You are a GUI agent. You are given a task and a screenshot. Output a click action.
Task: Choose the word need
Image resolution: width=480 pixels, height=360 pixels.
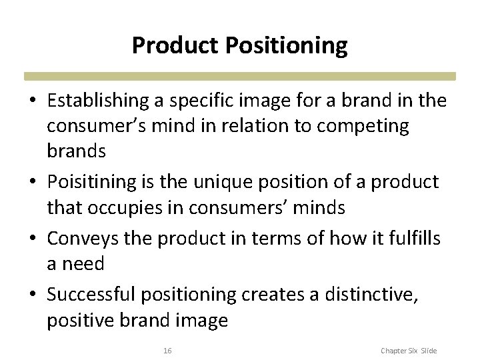point(83,265)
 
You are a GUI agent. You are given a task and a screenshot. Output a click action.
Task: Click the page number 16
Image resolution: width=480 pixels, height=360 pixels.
point(167,350)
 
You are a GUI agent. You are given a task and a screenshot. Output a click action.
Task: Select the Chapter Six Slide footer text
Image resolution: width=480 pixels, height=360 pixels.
point(409,350)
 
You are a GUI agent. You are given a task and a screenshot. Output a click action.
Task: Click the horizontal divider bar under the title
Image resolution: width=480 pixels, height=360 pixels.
point(240,76)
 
